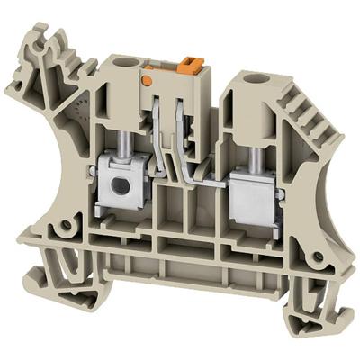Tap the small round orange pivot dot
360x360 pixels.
point(147,81)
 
